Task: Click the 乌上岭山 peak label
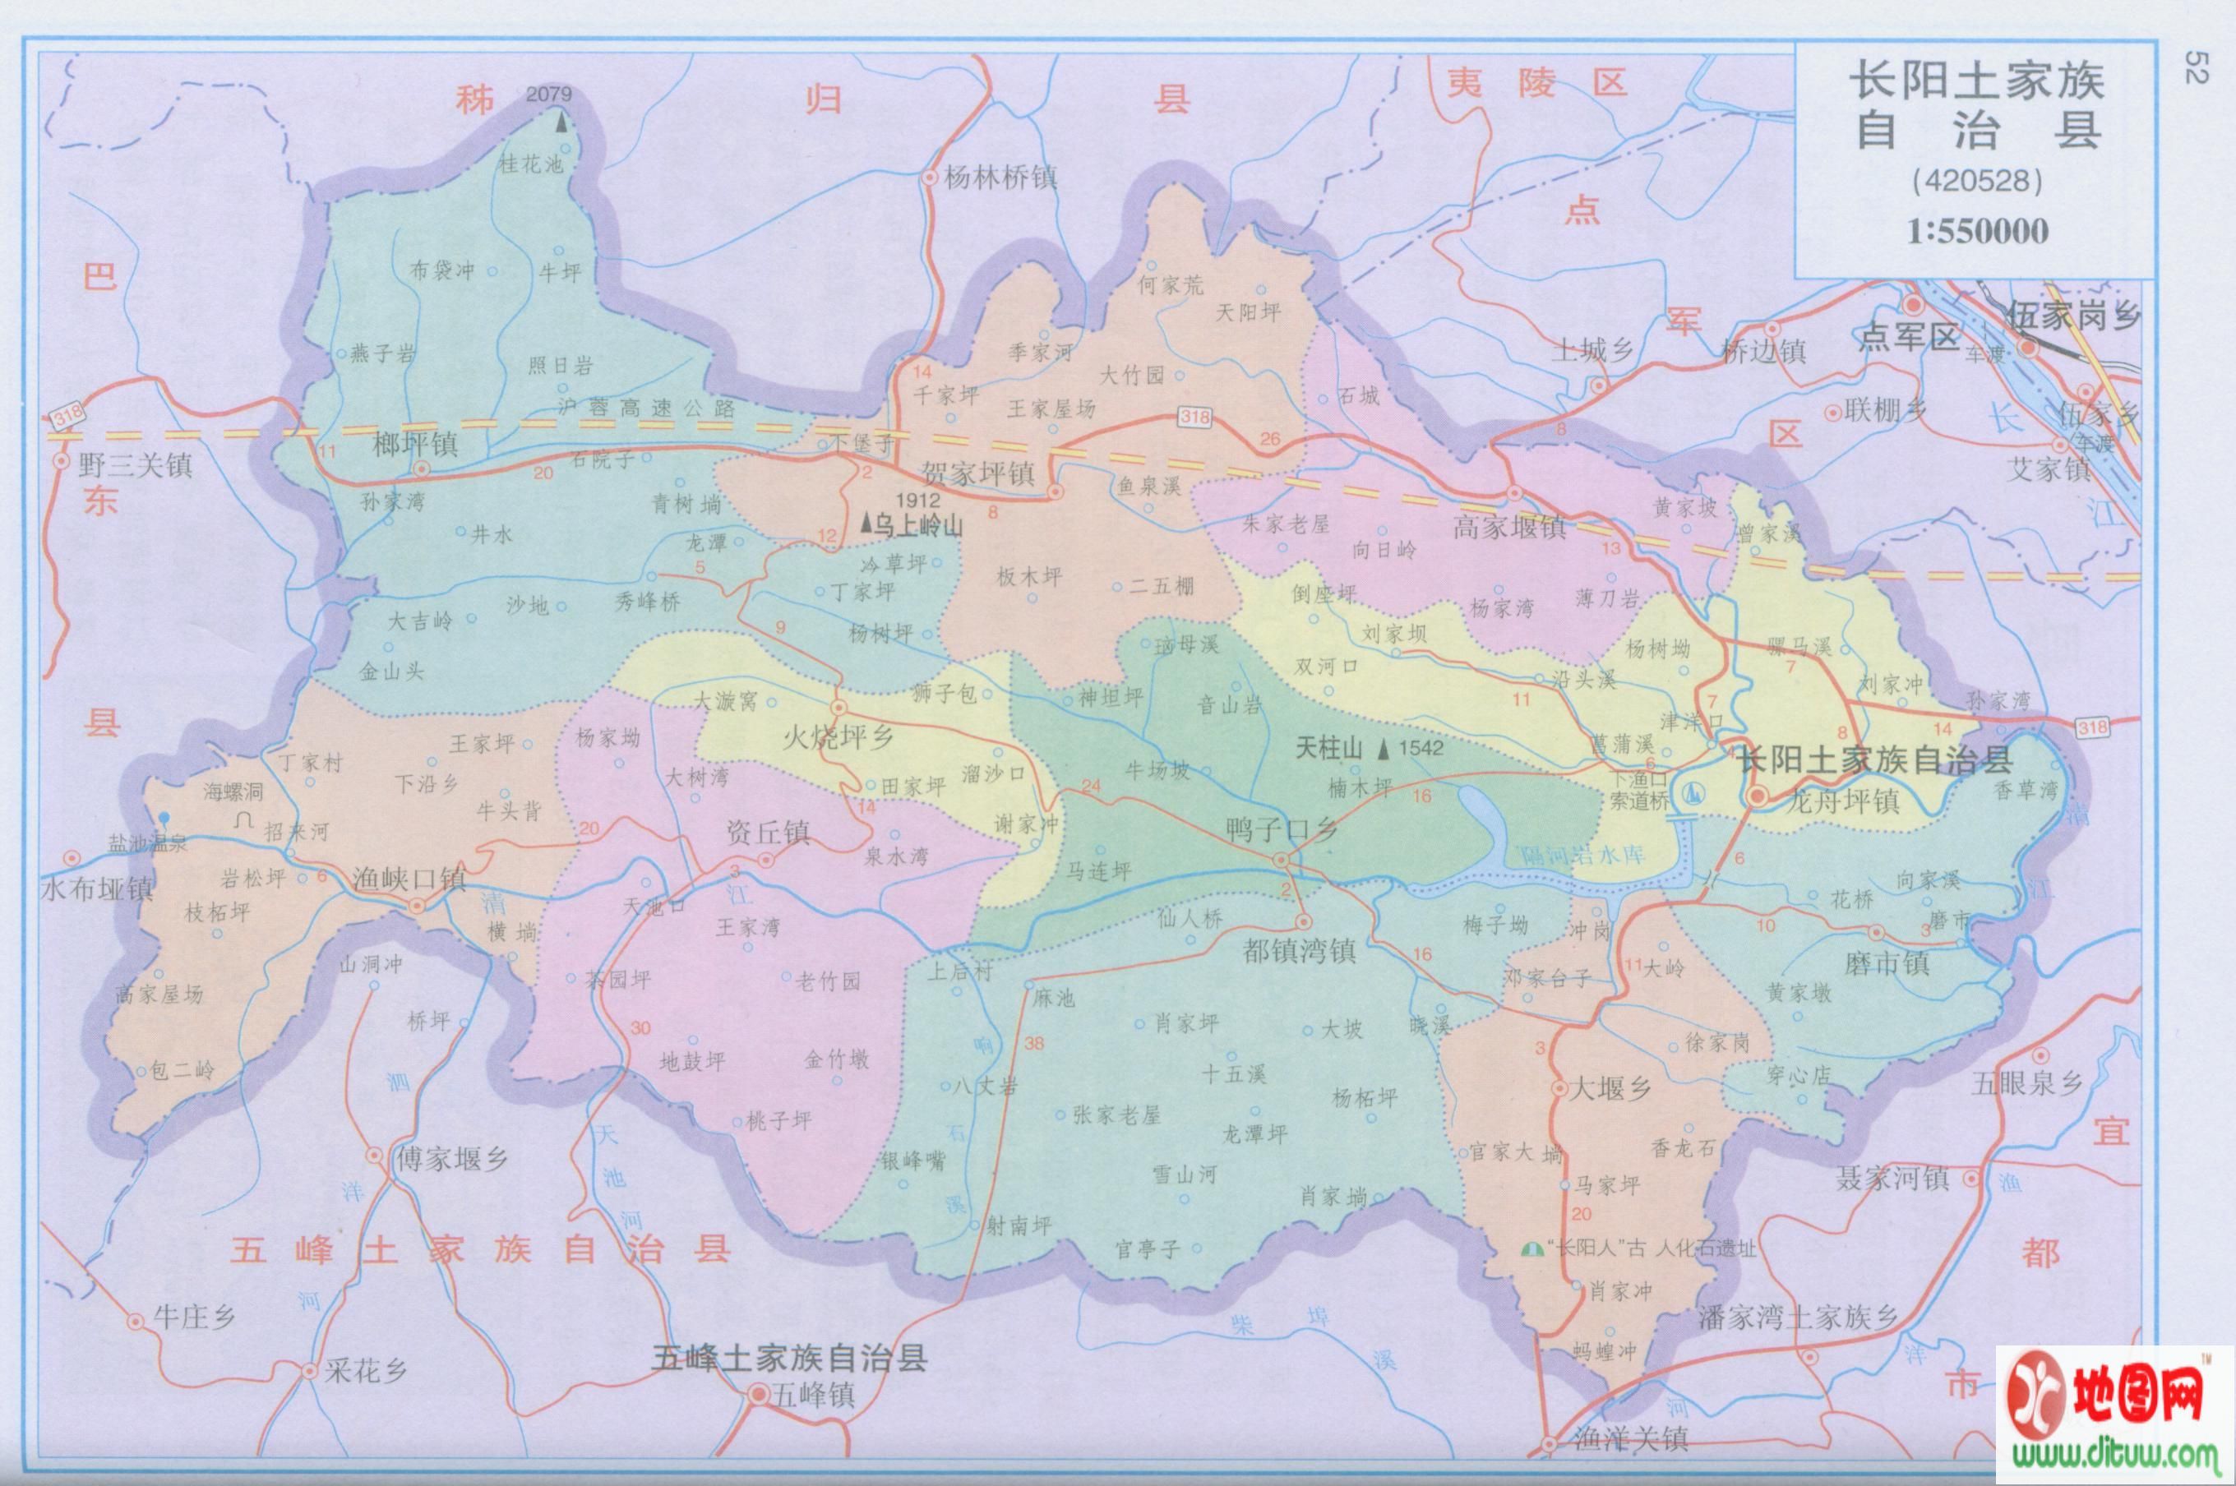coord(917,527)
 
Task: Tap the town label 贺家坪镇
coord(977,472)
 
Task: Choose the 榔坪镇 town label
coord(415,445)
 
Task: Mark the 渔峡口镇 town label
coord(409,879)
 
